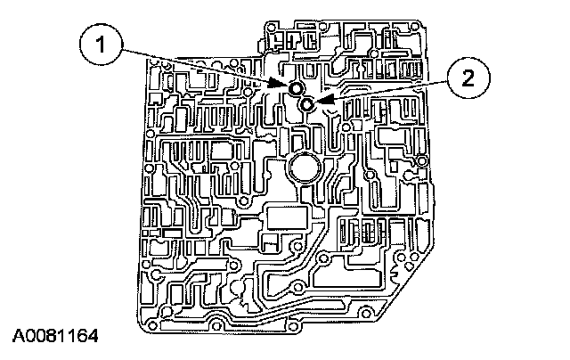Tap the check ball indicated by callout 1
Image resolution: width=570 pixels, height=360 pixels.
(294, 87)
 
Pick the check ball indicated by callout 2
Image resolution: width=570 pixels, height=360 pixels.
(306, 105)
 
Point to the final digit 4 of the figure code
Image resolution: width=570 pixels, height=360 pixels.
(92, 338)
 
